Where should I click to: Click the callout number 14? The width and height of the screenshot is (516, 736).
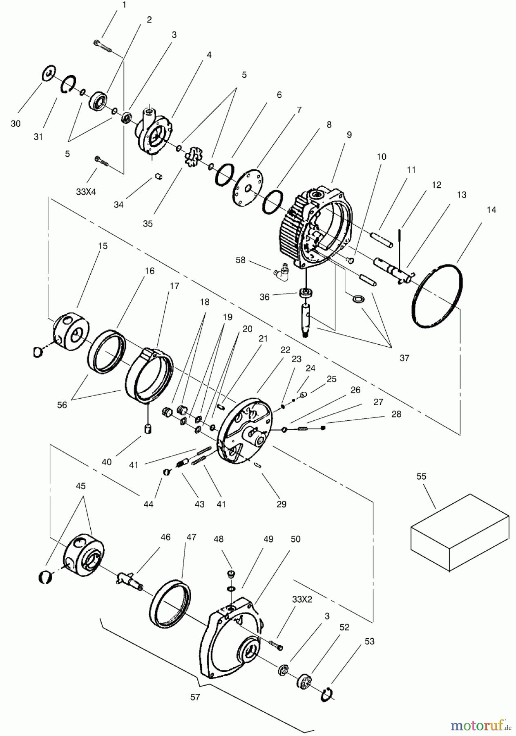491,210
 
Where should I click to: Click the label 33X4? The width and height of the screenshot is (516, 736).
86,191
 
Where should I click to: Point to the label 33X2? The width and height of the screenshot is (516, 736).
302,599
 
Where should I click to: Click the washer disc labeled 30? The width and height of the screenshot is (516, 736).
49,74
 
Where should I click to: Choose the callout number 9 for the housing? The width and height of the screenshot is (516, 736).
349,135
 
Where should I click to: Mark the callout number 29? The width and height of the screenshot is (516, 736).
281,504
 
